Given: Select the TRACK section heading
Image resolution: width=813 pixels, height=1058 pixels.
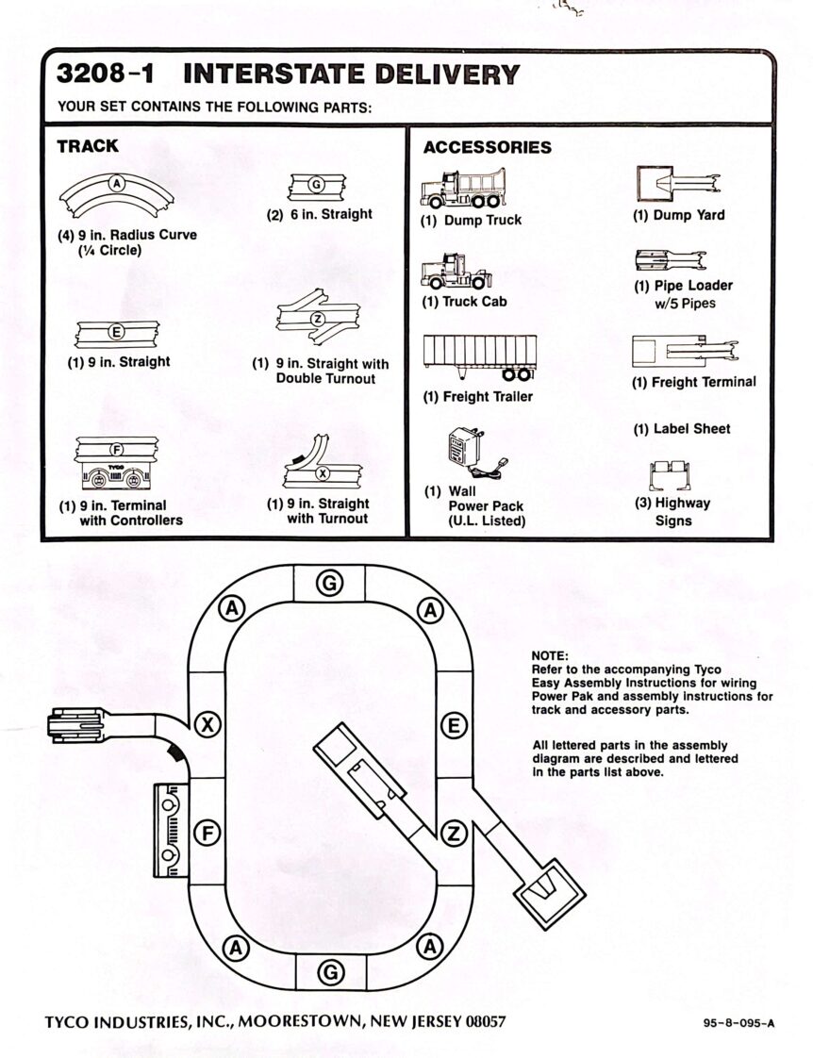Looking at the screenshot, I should (88, 146).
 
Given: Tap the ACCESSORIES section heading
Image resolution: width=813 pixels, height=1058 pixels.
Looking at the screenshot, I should (487, 147).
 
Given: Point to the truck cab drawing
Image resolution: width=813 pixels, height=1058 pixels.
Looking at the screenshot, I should (456, 272).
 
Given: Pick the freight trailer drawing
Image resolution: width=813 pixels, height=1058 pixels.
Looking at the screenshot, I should (479, 357).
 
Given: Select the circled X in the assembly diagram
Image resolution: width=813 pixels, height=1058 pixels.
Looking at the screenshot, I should (207, 724).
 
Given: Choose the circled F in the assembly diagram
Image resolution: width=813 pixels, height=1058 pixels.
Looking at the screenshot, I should (207, 832).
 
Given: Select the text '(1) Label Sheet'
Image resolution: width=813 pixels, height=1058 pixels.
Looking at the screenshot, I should (681, 428).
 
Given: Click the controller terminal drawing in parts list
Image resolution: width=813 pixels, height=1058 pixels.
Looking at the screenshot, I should (117, 467).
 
